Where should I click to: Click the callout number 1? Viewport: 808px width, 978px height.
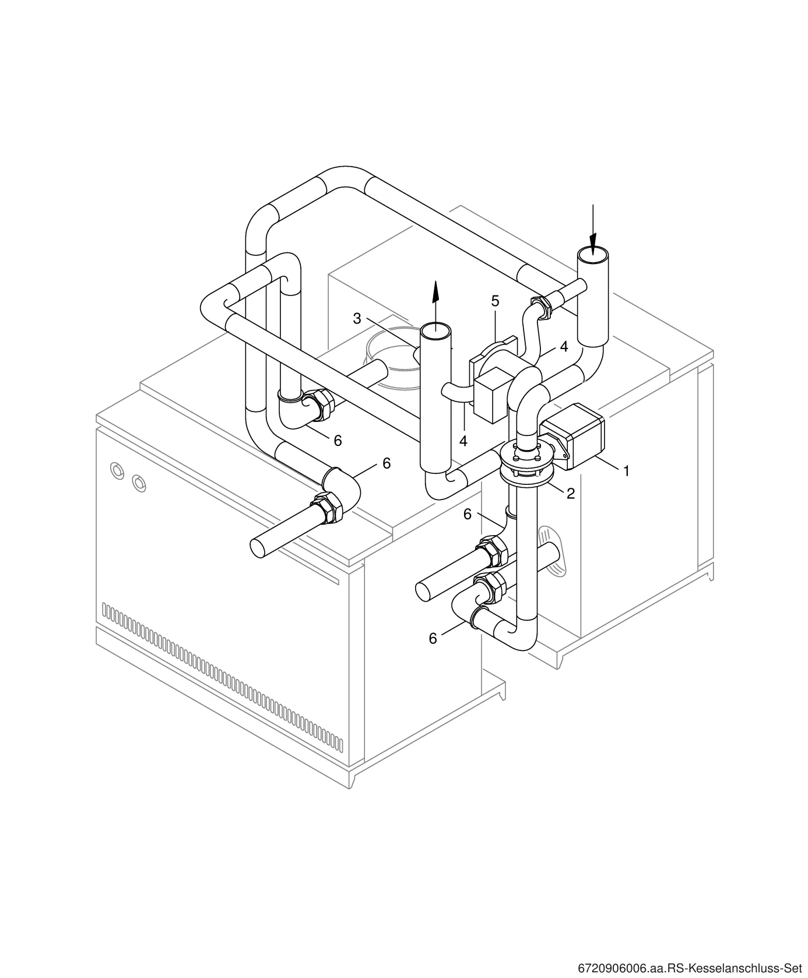(627, 472)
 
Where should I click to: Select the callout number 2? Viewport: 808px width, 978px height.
(571, 494)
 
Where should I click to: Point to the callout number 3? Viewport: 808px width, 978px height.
(357, 319)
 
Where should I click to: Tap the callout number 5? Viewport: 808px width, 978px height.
(495, 301)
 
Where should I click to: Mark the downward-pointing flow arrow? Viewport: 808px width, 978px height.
(593, 229)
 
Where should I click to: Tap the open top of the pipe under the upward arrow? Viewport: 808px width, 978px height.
(435, 331)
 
